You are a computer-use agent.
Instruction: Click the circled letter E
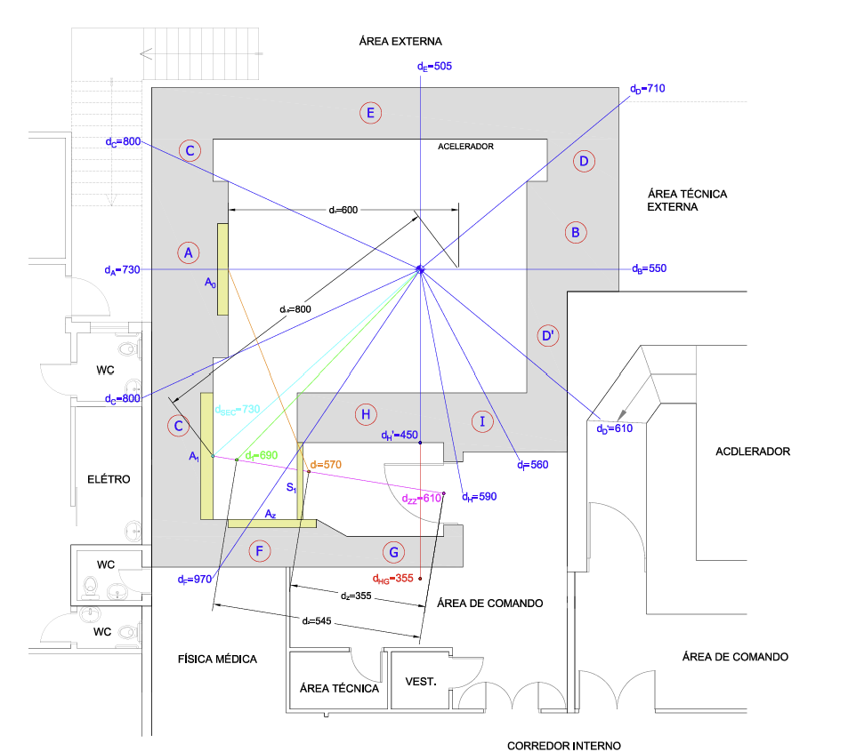click(x=371, y=113)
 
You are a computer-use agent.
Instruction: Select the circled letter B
click(x=576, y=233)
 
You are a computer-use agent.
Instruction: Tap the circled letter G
click(x=395, y=552)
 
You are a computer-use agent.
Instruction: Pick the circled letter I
click(x=482, y=421)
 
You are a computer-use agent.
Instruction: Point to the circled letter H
click(x=364, y=414)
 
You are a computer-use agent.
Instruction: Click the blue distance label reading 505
click(x=435, y=66)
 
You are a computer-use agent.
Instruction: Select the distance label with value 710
click(x=647, y=89)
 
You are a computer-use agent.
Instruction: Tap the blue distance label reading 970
click(x=194, y=580)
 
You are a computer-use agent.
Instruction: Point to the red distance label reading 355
click(x=393, y=579)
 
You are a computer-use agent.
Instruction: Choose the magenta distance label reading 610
click(x=421, y=499)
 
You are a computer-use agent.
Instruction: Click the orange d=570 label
click(x=326, y=465)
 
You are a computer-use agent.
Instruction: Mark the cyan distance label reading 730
click(x=237, y=409)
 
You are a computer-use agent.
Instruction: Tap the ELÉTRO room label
click(x=109, y=479)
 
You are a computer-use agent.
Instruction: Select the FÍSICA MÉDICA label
click(x=217, y=659)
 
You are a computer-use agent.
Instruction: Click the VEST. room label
click(x=421, y=682)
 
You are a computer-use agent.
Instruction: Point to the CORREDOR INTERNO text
click(x=564, y=746)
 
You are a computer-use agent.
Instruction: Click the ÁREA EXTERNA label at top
click(x=400, y=41)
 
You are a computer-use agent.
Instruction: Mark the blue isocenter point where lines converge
click(x=420, y=268)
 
